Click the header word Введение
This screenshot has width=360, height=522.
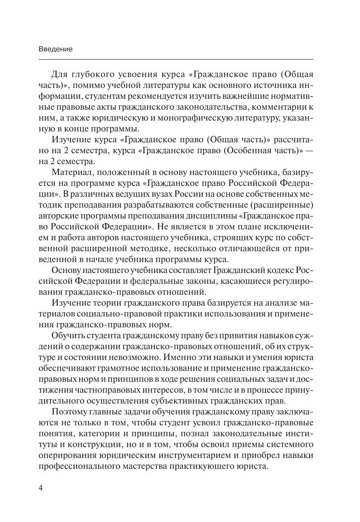(x=55, y=49)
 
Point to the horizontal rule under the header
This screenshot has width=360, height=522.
(x=176, y=59)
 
